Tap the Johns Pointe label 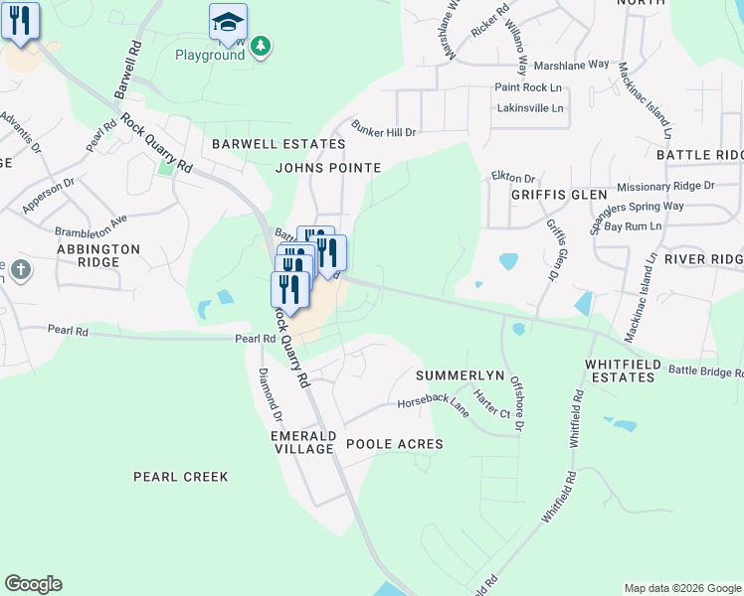328,168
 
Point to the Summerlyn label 455,375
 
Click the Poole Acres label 394,443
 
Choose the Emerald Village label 302,442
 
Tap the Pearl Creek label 181,477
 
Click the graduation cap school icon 228,21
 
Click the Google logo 33,584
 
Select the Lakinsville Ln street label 529,107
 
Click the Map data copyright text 682,588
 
